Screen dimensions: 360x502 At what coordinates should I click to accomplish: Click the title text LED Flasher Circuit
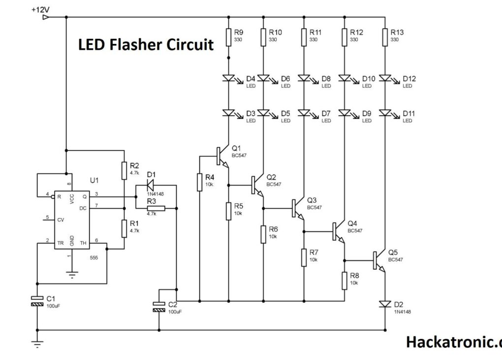pyautogui.click(x=146, y=45)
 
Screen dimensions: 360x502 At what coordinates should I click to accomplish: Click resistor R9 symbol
pyautogui.click(x=228, y=37)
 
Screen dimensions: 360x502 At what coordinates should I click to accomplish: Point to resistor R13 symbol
pyautogui.click(x=385, y=37)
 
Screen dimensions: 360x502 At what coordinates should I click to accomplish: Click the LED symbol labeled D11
pyautogui.click(x=385, y=113)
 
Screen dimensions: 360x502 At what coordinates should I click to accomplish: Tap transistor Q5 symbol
pyautogui.click(x=379, y=261)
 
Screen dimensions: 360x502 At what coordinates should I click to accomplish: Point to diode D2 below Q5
pyautogui.click(x=385, y=304)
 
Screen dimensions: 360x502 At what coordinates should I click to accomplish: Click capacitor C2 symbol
pyautogui.click(x=159, y=306)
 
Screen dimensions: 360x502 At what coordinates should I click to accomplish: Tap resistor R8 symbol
pyautogui.click(x=345, y=280)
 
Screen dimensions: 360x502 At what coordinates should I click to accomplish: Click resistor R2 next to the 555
pyautogui.click(x=124, y=170)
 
